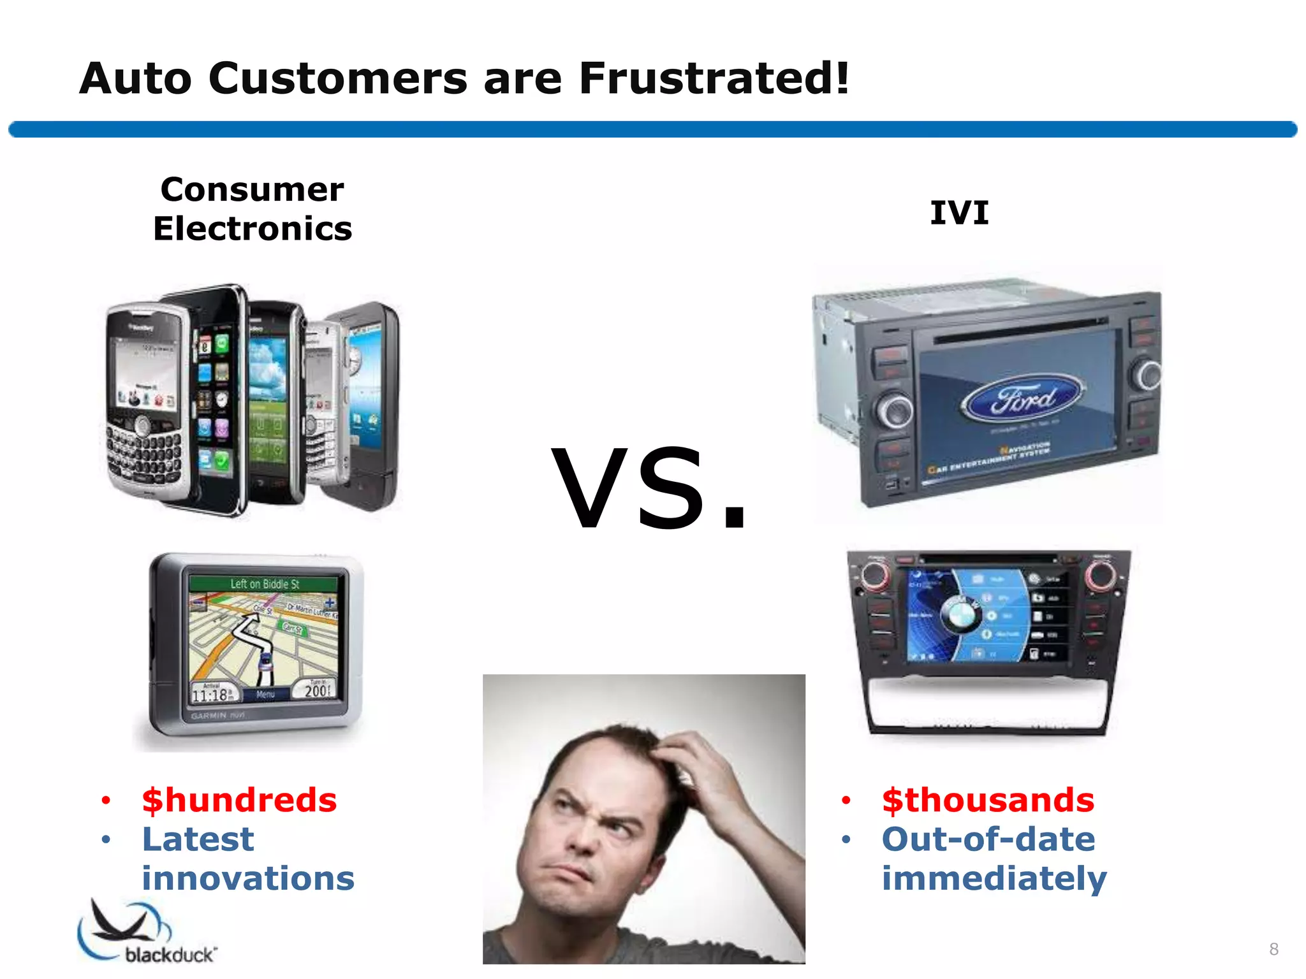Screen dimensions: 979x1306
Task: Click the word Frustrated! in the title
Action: click(714, 78)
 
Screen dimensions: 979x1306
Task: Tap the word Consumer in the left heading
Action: click(252, 189)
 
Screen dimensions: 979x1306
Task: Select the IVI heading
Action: click(959, 212)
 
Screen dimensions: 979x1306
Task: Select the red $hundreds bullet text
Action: click(239, 800)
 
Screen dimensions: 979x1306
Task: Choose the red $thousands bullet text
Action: click(988, 800)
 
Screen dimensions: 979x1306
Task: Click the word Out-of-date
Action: click(988, 839)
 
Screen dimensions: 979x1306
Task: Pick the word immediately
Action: click(994, 878)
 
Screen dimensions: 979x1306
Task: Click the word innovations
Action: click(248, 878)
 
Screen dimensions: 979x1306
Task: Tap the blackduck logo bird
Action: click(121, 924)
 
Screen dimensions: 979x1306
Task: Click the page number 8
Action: click(1273, 949)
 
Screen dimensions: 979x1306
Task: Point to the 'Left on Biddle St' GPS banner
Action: click(265, 584)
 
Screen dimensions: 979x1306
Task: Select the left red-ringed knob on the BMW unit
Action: click(874, 575)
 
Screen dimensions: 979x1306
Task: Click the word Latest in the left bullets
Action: click(198, 839)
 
